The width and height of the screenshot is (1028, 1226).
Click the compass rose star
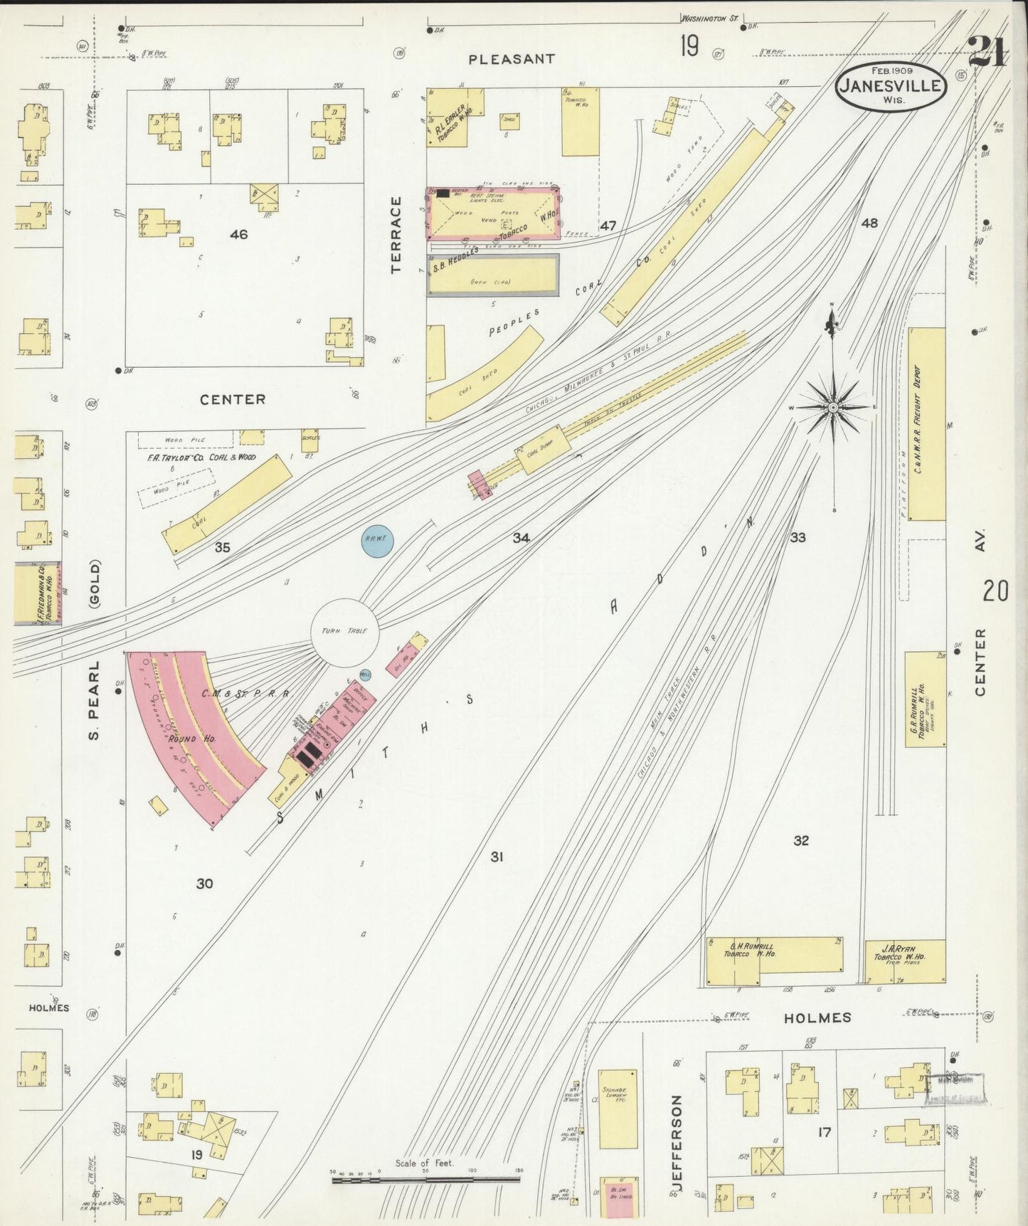click(x=832, y=407)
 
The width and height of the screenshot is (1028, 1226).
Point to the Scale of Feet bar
click(x=425, y=1179)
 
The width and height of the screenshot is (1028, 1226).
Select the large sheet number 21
click(x=989, y=52)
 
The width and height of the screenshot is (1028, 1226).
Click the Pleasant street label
click(x=512, y=59)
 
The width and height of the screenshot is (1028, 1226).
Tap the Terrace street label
click(x=396, y=235)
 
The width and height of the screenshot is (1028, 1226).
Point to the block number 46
click(x=238, y=234)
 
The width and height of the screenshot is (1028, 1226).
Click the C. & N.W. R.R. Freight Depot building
click(x=926, y=423)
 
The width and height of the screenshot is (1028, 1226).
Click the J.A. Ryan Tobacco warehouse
click(x=905, y=961)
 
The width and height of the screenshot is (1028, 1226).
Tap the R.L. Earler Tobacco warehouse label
click(x=450, y=122)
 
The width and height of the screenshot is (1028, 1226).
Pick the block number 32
click(x=801, y=840)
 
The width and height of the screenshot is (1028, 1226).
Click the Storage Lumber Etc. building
click(x=618, y=1108)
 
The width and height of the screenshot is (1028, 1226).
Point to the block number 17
click(x=824, y=1131)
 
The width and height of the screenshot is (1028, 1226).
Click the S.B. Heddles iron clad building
click(x=492, y=275)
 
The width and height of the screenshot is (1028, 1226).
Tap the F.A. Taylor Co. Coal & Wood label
click(x=201, y=457)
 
